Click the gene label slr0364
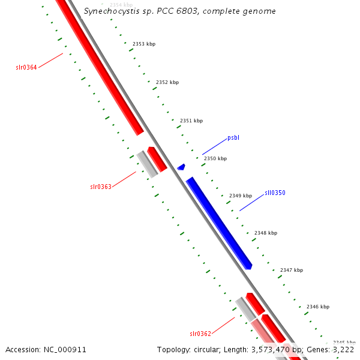[26, 67]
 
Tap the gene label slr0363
[101, 187]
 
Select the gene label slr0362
[200, 333]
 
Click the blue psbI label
[233, 138]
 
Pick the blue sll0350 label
[275, 193]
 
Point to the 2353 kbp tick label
[143, 44]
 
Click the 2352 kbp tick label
[167, 82]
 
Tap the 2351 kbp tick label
[191, 121]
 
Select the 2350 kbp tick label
[215, 158]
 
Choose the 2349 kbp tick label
[241, 196]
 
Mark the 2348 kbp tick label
[266, 233]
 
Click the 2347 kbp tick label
[292, 270]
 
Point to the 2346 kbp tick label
[317, 307]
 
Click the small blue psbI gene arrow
[181, 166]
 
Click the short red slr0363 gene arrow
[157, 160]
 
